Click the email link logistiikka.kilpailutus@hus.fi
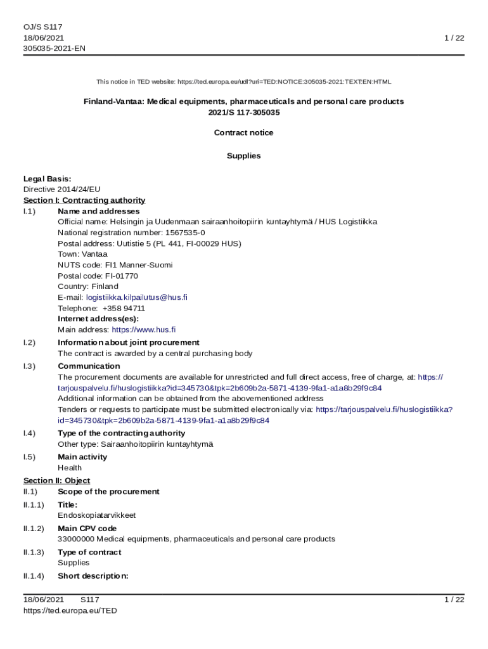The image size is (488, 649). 137,297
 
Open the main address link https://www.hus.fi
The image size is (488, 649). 144,330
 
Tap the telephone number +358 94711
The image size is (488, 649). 124,308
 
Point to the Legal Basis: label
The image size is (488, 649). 47,179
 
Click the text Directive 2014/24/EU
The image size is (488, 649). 62,190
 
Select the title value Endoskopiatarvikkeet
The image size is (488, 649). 96,515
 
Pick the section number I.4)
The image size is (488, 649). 29,434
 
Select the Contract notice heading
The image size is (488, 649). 244,132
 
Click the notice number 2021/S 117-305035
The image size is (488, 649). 244,112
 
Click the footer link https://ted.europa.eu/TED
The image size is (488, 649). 70,610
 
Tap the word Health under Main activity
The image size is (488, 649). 70,468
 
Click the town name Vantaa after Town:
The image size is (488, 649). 96,254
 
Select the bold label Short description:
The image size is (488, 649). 93,576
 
